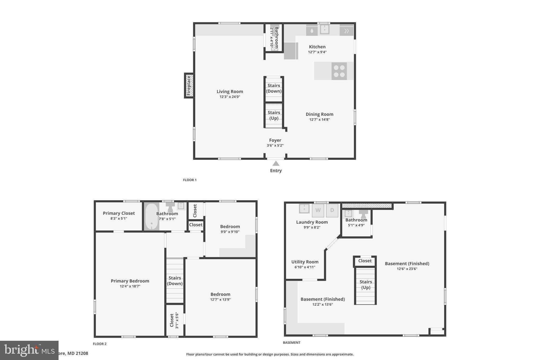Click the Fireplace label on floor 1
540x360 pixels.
(189, 86)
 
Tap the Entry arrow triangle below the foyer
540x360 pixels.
(276, 164)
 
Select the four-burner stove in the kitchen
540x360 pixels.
(339, 71)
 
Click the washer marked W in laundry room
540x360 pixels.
(318, 210)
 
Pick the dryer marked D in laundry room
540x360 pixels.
(332, 210)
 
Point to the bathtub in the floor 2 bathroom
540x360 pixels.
(152, 217)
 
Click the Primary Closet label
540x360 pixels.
(119, 213)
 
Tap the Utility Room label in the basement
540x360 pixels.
(305, 262)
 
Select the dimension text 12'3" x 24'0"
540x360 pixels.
(230, 97)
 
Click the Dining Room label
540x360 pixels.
(319, 114)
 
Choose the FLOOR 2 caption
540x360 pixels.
(100, 344)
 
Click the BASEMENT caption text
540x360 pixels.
(292, 343)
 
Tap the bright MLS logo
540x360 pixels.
(29, 350)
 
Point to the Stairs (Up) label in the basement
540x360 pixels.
(365, 285)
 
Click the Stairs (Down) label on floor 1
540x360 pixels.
(274, 88)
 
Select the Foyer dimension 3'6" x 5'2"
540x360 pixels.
(275, 146)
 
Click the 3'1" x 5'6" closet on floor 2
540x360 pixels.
(174, 320)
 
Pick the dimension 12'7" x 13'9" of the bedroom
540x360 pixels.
(220, 300)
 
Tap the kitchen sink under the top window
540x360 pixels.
(324, 30)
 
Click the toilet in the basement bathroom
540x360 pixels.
(363, 213)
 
